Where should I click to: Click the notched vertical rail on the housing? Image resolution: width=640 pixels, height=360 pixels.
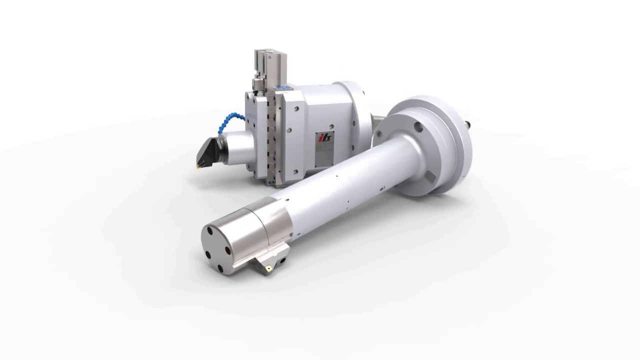tap(273, 135)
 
